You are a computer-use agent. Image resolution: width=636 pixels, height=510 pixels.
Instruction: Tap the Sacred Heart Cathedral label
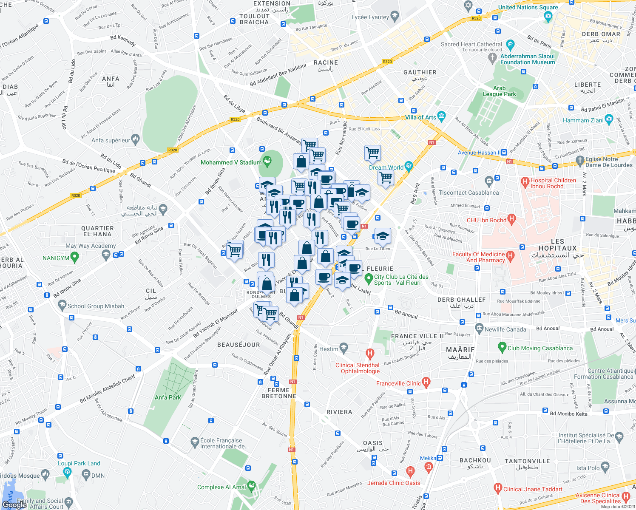click(x=471, y=44)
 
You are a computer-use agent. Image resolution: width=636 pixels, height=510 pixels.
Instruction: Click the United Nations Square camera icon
click(x=548, y=16)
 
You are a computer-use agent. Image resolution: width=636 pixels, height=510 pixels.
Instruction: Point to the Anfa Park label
click(x=168, y=397)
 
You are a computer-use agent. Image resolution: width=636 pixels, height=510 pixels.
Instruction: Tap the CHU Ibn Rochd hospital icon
click(x=511, y=220)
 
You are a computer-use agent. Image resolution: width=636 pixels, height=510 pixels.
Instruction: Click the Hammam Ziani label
click(x=583, y=120)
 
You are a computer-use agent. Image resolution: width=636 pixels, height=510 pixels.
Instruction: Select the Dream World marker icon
click(x=409, y=166)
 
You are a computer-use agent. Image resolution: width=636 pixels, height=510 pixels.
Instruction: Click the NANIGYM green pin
click(x=75, y=257)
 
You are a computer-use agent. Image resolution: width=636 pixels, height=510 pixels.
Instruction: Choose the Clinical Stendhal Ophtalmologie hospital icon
click(x=370, y=354)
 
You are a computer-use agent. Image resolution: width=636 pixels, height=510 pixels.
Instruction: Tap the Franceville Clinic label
click(x=398, y=383)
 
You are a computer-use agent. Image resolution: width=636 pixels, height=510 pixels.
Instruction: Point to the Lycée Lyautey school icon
click(x=395, y=17)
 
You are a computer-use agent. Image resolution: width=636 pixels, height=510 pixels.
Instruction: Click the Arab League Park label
click(x=499, y=91)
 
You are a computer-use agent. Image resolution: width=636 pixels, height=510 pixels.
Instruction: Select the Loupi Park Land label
click(x=79, y=463)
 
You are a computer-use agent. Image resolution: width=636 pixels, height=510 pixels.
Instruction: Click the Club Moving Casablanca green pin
click(x=502, y=347)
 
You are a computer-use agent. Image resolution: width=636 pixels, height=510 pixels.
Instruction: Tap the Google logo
click(x=14, y=504)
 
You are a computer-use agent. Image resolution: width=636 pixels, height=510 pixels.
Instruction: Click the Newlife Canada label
click(x=505, y=329)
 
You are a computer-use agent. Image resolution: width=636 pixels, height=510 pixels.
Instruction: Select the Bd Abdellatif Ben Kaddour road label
click(x=278, y=75)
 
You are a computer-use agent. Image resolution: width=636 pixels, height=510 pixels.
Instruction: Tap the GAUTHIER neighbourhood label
click(x=420, y=73)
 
